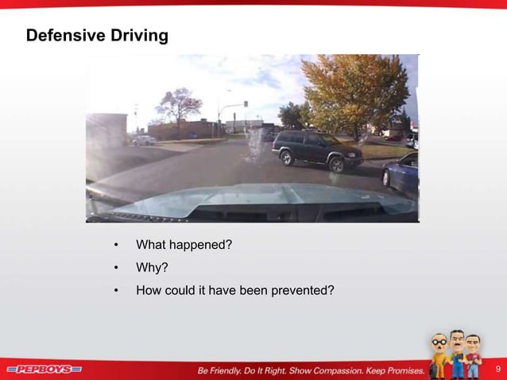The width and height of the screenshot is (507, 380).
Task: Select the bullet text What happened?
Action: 184,244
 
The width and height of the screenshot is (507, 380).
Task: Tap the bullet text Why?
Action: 152,267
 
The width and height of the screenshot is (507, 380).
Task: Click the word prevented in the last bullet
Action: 303,290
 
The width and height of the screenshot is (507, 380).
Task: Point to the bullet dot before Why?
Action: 116,268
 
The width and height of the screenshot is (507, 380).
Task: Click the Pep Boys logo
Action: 45,370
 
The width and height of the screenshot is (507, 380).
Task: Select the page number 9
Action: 497,369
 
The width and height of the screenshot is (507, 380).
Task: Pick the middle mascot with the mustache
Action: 457,351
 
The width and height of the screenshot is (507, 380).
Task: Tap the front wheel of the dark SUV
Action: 335,165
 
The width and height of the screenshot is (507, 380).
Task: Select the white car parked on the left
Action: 144,141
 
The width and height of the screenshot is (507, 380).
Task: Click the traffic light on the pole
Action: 246,104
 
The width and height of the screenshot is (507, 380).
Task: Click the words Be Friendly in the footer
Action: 224,370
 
